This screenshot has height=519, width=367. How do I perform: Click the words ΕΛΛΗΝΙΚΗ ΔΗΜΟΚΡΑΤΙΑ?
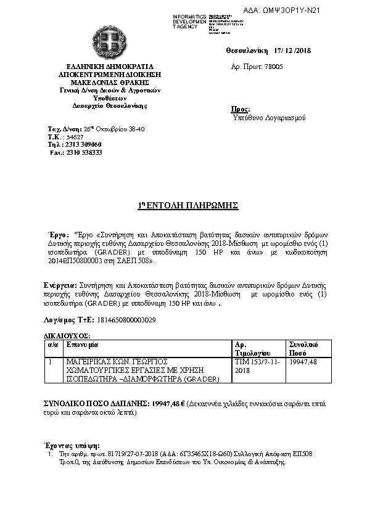(110, 66)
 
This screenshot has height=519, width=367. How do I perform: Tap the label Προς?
(240, 109)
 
